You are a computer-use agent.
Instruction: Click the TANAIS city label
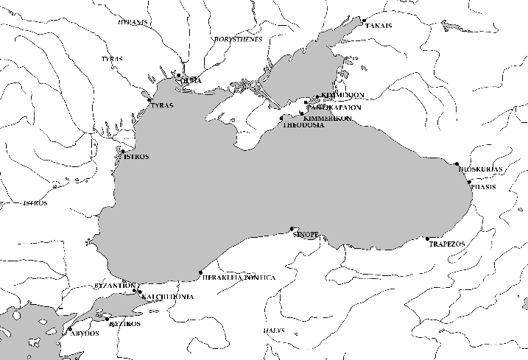pyautogui.click(x=379, y=26)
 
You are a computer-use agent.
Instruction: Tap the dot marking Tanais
pyautogui.click(x=364, y=20)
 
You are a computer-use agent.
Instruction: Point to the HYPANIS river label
pyautogui.click(x=133, y=23)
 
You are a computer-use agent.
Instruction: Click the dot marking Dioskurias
pyautogui.click(x=457, y=163)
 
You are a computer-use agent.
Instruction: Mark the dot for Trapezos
pyautogui.click(x=427, y=239)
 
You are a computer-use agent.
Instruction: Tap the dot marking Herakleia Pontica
pyautogui.click(x=201, y=273)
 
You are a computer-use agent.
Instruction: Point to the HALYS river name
pyautogui.click(x=273, y=331)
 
